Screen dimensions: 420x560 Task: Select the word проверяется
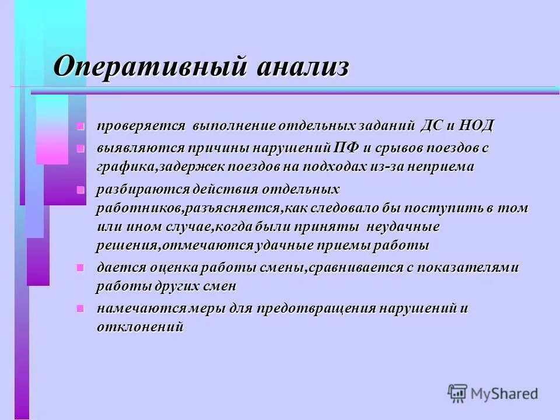click(141, 126)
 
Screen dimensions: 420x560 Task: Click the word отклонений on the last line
click(140, 327)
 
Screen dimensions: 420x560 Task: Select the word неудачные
click(400, 226)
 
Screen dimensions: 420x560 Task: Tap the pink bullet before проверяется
click(80, 127)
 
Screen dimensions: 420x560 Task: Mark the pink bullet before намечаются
click(80, 309)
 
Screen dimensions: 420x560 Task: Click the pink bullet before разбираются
click(80, 190)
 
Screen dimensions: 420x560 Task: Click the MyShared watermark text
click(505, 394)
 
